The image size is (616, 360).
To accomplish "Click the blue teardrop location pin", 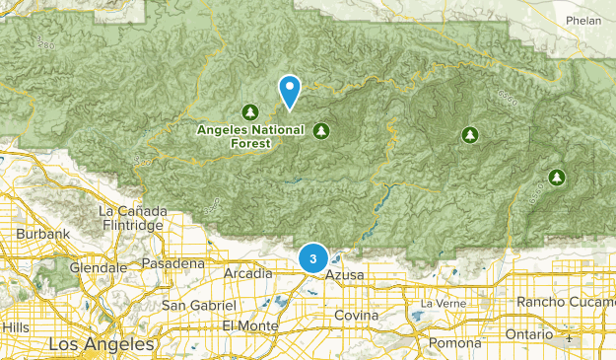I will (x=290, y=91).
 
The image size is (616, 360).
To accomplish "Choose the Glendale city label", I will (x=100, y=267).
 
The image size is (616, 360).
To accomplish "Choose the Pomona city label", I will (x=453, y=342).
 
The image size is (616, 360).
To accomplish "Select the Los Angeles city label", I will (x=103, y=344).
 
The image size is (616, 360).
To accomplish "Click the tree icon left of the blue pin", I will (x=250, y=110).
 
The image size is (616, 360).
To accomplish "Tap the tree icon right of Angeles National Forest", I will (x=320, y=130).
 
